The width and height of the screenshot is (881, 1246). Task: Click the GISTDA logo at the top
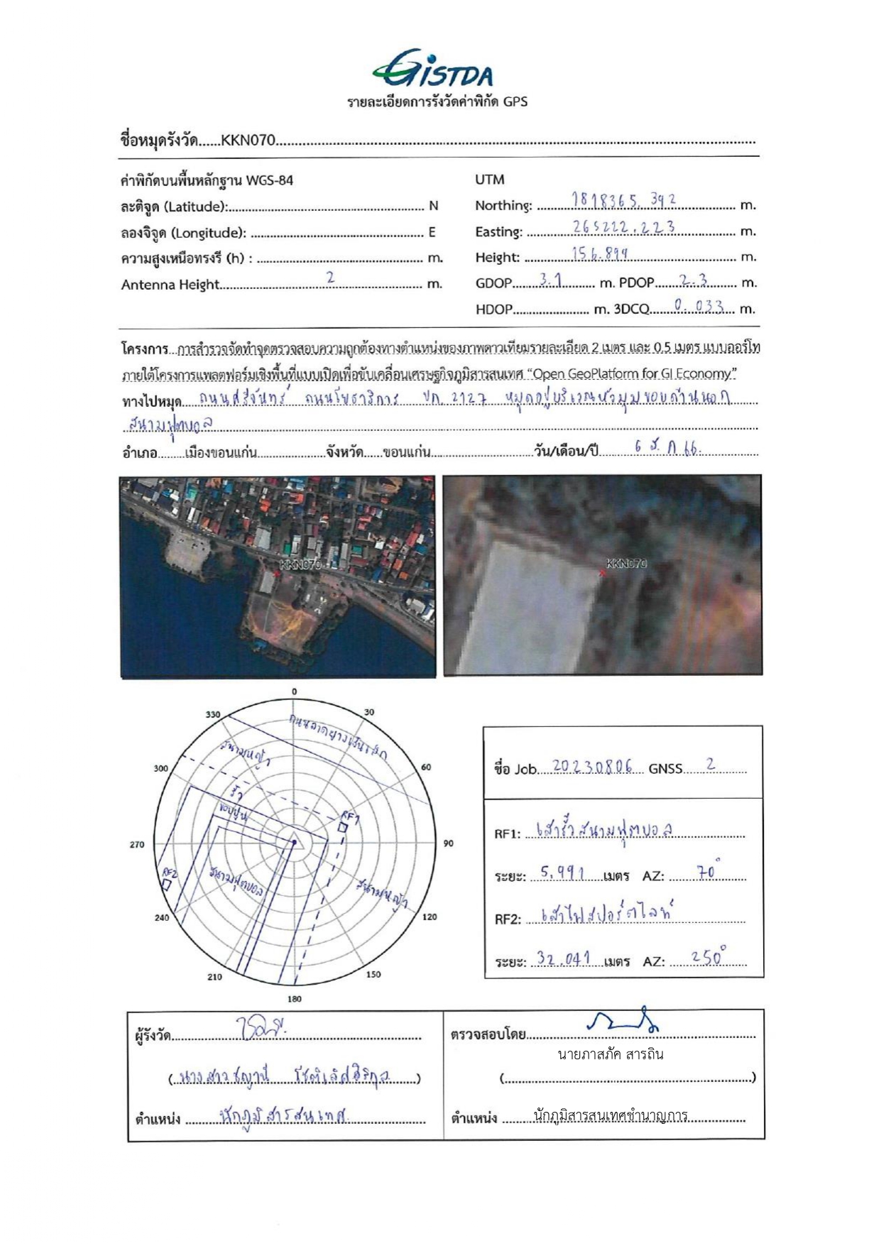pos(432,70)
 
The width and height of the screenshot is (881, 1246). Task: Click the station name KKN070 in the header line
pos(247,141)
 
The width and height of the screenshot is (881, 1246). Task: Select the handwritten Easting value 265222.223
pos(623,227)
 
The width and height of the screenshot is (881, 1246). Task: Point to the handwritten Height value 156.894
pos(600,253)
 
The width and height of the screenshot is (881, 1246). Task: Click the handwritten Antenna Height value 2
pos(330,278)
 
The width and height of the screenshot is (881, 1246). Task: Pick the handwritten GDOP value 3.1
pos(550,280)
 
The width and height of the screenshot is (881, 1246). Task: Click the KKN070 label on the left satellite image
pos(300,564)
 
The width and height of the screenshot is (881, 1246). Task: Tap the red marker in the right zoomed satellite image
pos(602,572)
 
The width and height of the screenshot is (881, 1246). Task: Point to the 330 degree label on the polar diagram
pos(213,714)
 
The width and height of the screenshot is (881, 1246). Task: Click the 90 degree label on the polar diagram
pos(448,843)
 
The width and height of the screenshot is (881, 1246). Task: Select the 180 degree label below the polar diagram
pos(294,999)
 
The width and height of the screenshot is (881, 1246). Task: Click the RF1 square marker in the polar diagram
pos(342,828)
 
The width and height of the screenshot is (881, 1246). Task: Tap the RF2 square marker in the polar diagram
pos(166,885)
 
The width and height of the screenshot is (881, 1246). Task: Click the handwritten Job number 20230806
pos(592,767)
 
